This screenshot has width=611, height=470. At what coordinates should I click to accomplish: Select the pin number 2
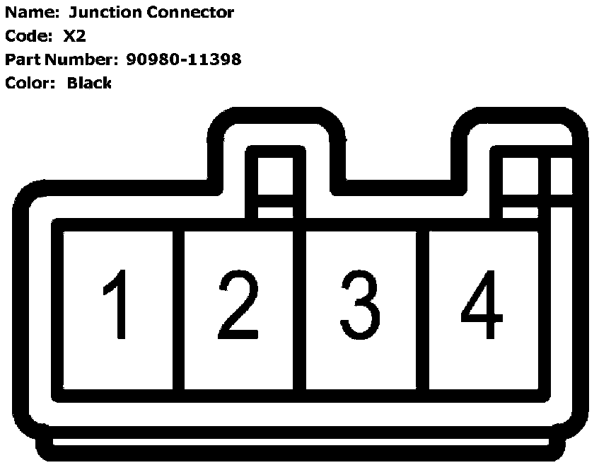(238, 305)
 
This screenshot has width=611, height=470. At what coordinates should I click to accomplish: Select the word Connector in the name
(190, 12)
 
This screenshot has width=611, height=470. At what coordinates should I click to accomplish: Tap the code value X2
(74, 36)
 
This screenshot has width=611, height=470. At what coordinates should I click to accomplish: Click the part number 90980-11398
(184, 59)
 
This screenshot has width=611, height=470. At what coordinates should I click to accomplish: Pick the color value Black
(89, 83)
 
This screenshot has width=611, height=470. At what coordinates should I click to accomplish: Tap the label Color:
(30, 83)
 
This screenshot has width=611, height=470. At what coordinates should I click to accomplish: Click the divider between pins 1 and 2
(178, 309)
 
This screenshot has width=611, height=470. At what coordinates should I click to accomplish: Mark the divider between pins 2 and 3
(299, 309)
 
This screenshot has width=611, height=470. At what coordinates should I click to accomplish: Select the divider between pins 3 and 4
(422, 309)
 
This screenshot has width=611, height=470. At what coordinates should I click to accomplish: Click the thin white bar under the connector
(301, 442)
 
